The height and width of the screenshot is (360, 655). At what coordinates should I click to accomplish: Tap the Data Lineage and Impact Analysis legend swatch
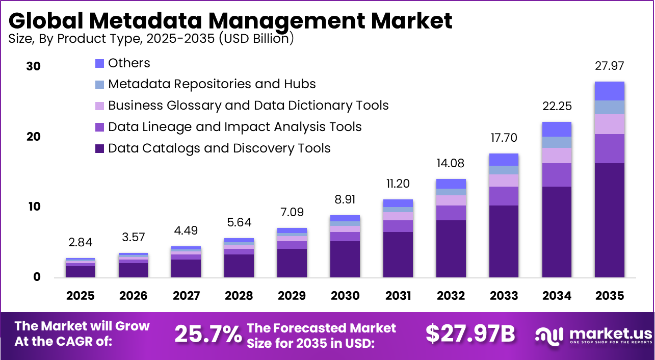point(100,127)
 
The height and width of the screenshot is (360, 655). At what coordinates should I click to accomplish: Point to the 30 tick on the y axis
point(34,66)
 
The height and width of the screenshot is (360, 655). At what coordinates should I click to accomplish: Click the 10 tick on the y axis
point(34,207)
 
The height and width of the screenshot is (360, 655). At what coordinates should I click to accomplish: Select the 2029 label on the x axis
point(292,296)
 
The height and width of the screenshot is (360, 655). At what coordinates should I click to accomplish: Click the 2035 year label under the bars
point(609,296)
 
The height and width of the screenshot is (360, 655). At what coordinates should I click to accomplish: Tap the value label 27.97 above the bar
point(609,66)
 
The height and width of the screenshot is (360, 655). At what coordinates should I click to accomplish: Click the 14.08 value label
point(451,164)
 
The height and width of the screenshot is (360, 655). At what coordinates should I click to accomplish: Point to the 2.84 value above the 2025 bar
point(81,242)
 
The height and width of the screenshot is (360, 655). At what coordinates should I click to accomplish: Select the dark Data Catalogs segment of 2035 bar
point(609,219)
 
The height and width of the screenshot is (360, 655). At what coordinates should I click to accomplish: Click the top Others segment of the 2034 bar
point(556,129)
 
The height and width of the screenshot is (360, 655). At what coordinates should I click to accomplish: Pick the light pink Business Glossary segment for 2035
point(609,124)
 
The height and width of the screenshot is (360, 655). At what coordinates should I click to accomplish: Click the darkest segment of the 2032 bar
point(451,248)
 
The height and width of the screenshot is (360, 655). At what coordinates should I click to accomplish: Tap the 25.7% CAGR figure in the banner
point(207,334)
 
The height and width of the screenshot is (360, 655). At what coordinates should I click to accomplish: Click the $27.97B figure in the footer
point(470,333)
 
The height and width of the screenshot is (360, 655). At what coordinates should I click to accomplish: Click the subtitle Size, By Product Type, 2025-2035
point(151,39)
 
